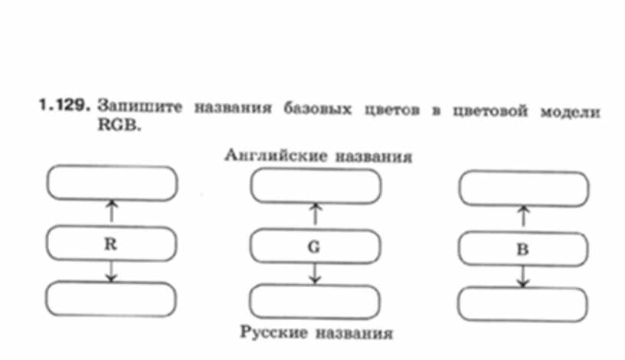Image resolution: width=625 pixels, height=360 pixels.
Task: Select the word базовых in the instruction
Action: coord(321,109)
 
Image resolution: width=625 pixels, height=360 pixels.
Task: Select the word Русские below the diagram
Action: coord(270,332)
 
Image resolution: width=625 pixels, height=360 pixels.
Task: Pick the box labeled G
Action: coord(315,247)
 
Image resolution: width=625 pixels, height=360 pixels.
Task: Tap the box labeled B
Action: coord(522,249)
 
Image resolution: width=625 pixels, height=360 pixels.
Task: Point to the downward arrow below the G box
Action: coord(315,273)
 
